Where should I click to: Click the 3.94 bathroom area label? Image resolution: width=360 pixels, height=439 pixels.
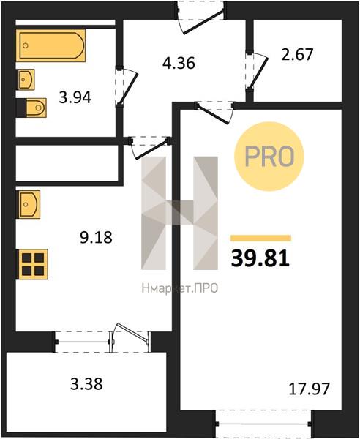tap(75, 98)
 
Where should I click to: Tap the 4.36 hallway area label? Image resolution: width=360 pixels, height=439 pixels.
tap(179, 63)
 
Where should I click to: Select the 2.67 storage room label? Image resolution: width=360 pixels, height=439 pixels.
tap(297, 54)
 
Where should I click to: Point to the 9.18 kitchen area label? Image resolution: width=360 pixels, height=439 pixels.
tap(96, 237)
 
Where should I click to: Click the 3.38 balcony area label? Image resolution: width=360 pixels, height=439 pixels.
tap(86, 384)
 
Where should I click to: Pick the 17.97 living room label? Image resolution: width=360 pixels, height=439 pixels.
tap(309, 389)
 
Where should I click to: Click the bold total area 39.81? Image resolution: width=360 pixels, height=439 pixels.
tap(260, 258)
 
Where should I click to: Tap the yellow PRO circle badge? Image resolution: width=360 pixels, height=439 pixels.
tap(269, 157)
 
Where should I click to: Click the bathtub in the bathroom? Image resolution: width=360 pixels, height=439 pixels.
tap(50, 45)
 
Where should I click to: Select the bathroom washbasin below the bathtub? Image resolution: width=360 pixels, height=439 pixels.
tap(26, 80)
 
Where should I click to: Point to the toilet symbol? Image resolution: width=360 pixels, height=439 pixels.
tap(36, 108)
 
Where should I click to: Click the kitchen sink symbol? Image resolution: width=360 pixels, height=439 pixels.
tap(29, 204)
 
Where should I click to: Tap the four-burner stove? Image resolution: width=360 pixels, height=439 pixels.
tap(33, 264)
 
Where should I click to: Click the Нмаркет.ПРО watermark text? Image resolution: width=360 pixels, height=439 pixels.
tap(180, 288)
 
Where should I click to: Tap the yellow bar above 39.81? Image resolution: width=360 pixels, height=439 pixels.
tap(261, 239)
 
